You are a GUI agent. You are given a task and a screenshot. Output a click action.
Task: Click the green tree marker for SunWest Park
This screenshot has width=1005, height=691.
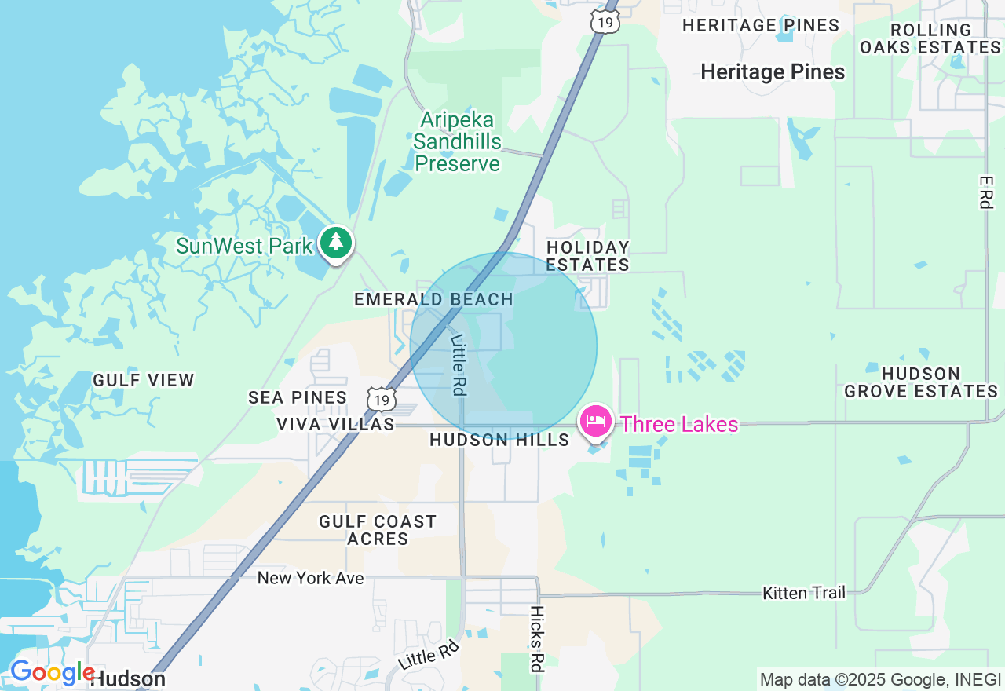(337, 243)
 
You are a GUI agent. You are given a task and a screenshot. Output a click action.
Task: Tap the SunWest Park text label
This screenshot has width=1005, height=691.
(244, 246)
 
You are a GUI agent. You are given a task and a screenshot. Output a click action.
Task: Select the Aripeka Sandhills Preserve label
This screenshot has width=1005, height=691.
(457, 142)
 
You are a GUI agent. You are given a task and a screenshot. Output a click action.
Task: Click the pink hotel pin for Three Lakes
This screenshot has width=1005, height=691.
(596, 422)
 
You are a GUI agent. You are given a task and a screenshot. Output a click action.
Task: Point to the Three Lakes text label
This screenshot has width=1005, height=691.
(679, 425)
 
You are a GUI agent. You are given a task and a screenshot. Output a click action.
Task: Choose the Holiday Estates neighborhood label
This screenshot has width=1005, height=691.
(588, 256)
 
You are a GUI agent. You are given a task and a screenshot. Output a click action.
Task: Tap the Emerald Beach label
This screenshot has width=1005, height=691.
(433, 299)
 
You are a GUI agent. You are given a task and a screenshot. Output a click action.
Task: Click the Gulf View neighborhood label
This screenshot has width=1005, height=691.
(144, 380)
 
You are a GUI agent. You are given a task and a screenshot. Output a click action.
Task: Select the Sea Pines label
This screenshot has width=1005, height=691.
(298, 397)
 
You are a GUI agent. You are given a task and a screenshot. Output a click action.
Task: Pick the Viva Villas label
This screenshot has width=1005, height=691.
(335, 424)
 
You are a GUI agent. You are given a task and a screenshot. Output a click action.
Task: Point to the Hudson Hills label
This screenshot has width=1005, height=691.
(499, 440)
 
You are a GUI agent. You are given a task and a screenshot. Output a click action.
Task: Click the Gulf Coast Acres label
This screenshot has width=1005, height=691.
(378, 530)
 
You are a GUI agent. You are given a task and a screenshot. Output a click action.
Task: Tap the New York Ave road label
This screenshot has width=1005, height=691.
(311, 578)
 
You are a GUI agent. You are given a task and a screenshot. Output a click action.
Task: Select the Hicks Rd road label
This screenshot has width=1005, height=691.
(537, 638)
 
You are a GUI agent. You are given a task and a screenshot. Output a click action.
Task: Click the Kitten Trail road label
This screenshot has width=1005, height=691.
(804, 593)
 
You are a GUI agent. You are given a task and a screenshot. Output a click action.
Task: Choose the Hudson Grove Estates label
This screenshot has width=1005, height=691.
(920, 382)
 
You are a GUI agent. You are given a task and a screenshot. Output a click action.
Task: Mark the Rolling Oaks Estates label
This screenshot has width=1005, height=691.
(930, 38)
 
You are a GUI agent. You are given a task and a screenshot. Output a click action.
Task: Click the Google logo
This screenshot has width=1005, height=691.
(52, 673)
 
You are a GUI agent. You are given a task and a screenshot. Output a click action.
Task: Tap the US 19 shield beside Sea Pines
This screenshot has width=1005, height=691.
(381, 400)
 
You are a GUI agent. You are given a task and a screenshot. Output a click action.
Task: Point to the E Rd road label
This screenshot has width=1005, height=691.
(986, 192)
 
